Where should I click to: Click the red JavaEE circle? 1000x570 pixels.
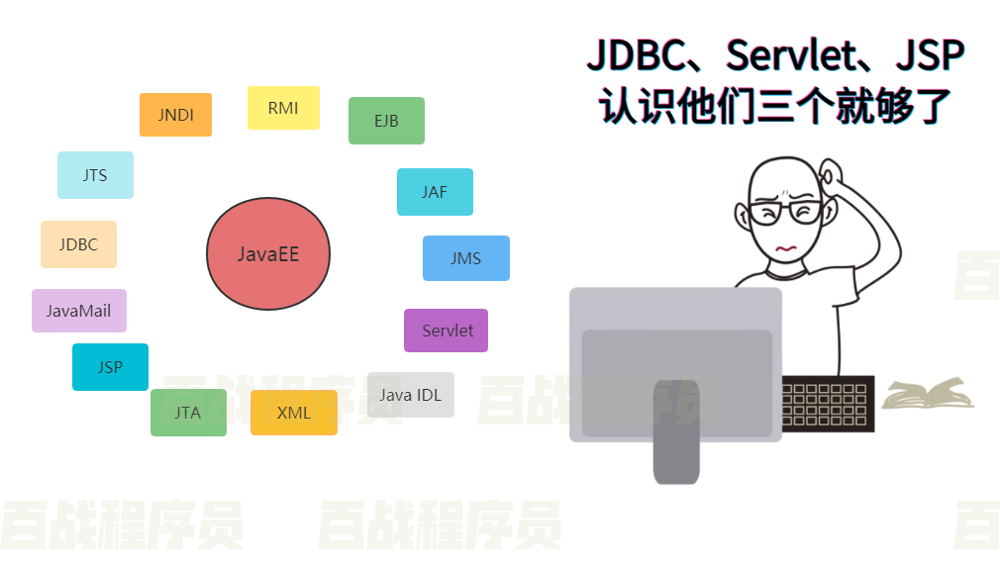(267, 254)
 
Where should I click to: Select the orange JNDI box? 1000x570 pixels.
(175, 115)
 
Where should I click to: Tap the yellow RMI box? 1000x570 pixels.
(283, 108)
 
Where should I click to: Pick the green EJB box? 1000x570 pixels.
(386, 121)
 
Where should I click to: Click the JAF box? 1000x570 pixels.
(435, 192)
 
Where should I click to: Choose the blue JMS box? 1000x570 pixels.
(465, 258)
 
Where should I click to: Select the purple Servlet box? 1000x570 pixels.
(447, 331)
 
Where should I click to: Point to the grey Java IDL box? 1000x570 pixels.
(410, 395)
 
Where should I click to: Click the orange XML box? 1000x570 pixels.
(294, 413)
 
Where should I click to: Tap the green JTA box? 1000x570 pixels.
(188, 413)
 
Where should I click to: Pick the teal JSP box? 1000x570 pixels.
(110, 367)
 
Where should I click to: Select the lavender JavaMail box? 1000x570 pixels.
(79, 311)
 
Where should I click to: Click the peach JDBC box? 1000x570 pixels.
(78, 244)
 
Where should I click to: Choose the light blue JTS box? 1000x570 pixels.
(95, 175)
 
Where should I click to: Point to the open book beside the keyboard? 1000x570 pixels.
(928, 394)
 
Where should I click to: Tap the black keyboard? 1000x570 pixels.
(828, 404)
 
